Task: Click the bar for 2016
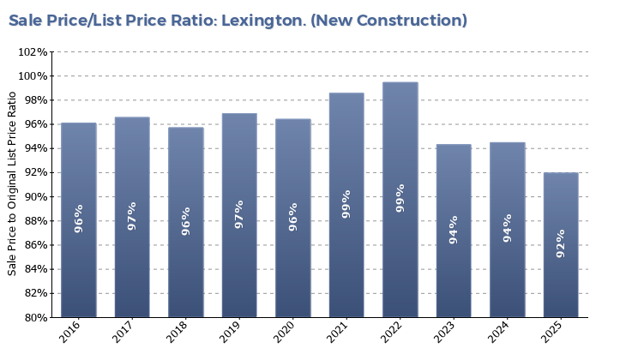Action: click(x=79, y=220)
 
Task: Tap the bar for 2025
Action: click(x=561, y=245)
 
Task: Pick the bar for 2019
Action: click(x=239, y=215)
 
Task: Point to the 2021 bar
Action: click(x=346, y=205)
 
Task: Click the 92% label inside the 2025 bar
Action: click(x=561, y=243)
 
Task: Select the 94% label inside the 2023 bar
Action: click(x=454, y=230)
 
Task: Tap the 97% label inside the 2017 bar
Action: click(x=132, y=215)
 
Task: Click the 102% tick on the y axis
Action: click(x=33, y=52)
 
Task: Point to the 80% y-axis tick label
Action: click(x=35, y=317)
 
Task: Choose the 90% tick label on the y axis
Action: click(x=35, y=197)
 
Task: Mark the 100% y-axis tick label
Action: click(x=33, y=76)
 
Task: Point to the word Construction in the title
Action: click(x=410, y=20)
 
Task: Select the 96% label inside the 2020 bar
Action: click(x=293, y=217)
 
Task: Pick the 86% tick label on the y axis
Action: click(x=35, y=245)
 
